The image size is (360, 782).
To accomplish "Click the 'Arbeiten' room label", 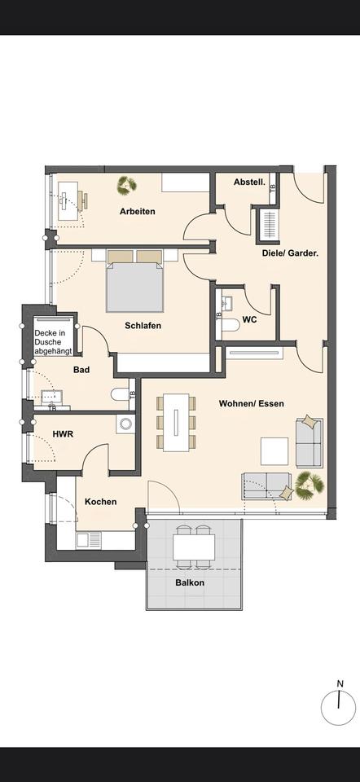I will coord(137,212).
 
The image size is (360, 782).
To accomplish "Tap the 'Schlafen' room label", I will coord(143,326).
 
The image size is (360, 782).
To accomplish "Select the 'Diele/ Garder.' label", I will coord(290,253).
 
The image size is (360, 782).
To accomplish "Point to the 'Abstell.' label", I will coord(249,182).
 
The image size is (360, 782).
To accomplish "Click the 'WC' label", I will coord(249,320).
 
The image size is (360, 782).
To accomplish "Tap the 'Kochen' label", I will coord(100,502).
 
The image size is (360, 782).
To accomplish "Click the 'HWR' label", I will coord(63,434).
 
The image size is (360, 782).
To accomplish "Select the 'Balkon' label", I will coord(190,583).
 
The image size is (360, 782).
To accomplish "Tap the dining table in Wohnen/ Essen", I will coord(177,421).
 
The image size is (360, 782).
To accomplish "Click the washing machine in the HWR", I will coord(125,424).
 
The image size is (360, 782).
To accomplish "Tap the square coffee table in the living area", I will coord(274,451).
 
